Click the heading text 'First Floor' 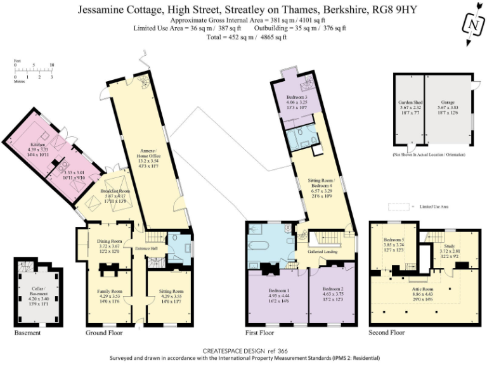(x=259, y=333)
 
